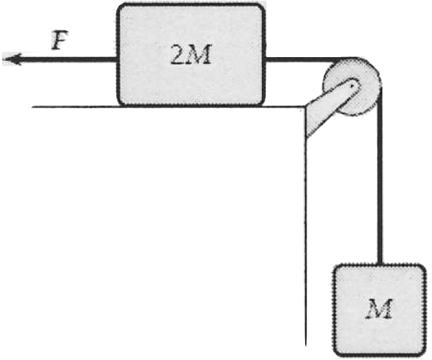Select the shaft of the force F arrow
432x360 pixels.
(66, 60)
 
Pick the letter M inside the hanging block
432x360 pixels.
(379, 308)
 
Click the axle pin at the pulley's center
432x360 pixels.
(353, 85)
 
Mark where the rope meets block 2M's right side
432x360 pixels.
(266, 60)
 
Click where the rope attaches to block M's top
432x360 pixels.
(380, 264)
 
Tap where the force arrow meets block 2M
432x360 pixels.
(116, 60)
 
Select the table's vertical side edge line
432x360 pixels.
(305, 232)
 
